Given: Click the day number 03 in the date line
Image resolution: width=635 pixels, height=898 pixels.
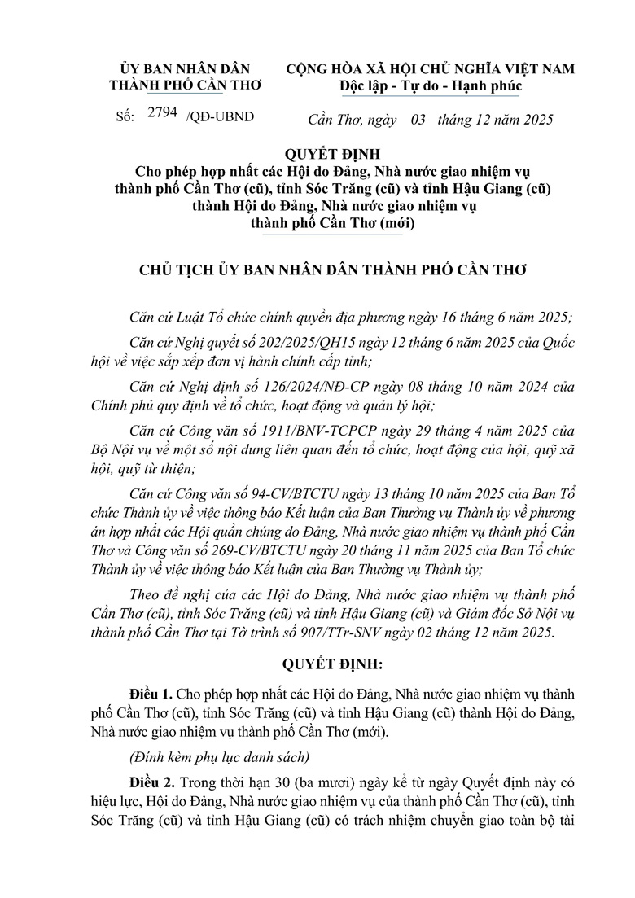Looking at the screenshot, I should click(x=418, y=120).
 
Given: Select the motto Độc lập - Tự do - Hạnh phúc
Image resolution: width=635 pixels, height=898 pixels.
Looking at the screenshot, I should click(x=431, y=85).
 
